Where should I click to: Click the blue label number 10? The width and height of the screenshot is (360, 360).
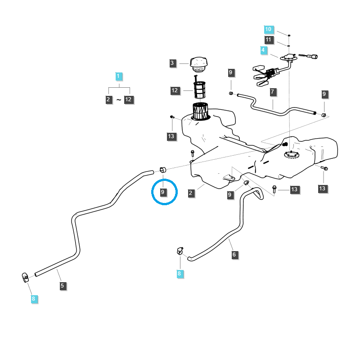[x=268, y=29]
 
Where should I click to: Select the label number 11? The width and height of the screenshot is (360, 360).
[x=268, y=40]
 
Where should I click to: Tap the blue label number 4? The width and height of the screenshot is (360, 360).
[x=263, y=49]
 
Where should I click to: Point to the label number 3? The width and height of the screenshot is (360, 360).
[x=172, y=63]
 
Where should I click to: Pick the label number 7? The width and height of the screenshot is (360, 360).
[x=273, y=92]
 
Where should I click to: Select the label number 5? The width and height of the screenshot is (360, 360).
[x=63, y=285]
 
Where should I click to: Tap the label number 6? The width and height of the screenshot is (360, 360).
[x=234, y=255]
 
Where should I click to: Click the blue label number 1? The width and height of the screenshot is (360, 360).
[x=118, y=76]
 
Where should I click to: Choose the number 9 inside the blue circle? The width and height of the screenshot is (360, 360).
[x=163, y=193]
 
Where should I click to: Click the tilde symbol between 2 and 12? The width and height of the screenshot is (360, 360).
[x=119, y=99]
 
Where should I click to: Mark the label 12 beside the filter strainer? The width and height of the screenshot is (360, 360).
[x=175, y=91]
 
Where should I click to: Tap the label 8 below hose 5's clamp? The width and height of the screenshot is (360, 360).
[x=33, y=298]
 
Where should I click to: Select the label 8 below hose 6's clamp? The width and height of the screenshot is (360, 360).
[x=180, y=273]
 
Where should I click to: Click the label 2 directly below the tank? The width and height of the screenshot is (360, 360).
[x=191, y=193]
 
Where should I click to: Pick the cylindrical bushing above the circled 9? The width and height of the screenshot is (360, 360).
[x=163, y=169]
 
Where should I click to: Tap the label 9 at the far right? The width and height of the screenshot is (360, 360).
[x=324, y=94]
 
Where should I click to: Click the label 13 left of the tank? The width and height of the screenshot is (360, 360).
[x=171, y=136]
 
